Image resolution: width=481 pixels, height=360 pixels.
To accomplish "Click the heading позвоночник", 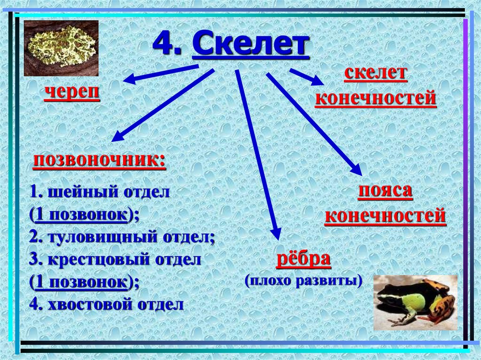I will tap(99, 161).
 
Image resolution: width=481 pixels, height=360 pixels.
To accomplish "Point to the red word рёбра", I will tap(303, 260).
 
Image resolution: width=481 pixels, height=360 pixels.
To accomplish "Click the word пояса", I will tap(385, 192).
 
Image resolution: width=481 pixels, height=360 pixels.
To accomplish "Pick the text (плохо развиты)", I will tap(304, 281).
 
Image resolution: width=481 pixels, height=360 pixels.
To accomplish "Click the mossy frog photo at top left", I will tap(61, 48).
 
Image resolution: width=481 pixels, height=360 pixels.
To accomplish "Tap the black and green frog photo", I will tap(415, 302).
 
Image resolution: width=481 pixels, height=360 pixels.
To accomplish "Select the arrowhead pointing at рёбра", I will tap(277, 233).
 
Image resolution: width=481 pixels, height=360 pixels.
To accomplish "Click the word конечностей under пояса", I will tap(385, 216).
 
